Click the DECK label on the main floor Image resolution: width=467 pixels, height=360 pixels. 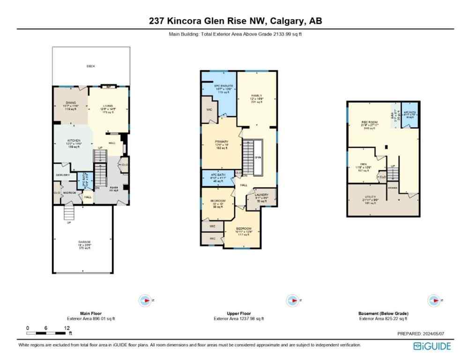[90, 66]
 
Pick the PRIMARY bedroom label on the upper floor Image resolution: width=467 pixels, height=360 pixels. [221, 142]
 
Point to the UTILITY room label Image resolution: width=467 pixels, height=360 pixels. [370, 197]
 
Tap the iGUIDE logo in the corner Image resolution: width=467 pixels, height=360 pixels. [432, 346]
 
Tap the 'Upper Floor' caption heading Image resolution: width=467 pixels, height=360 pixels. [238, 313]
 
